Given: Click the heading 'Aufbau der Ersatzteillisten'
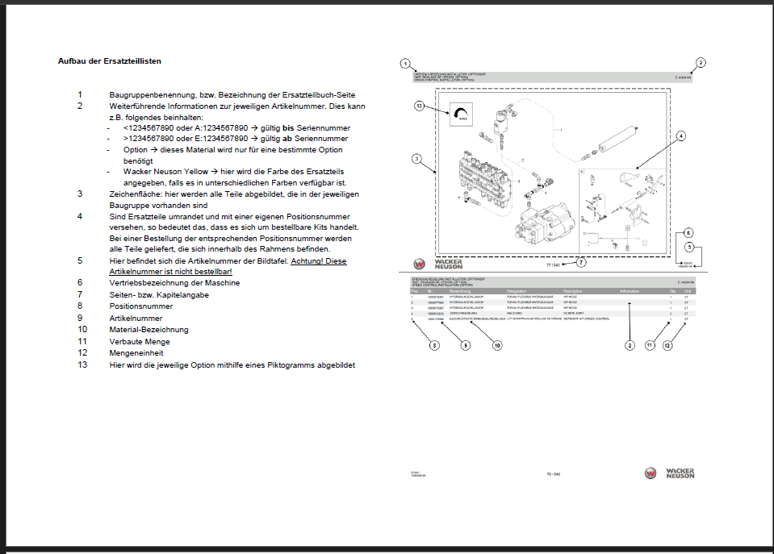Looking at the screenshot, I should pyautogui.click(x=114, y=60).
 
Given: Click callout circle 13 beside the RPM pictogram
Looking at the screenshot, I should pyautogui.click(x=419, y=106).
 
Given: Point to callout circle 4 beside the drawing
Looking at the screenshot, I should pyautogui.click(x=681, y=136).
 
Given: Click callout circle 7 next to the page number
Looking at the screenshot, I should pyautogui.click(x=581, y=261).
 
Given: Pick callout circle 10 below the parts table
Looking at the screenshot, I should pyautogui.click(x=497, y=345).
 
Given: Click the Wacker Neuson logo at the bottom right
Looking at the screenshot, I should pyautogui.click(x=669, y=473).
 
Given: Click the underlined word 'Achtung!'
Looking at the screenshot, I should pyautogui.click(x=308, y=261).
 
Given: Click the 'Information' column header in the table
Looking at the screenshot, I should pyautogui.click(x=629, y=290).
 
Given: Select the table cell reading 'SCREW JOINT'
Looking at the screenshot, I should pyautogui.click(x=575, y=314).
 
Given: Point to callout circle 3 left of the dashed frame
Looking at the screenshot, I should pyautogui.click(x=416, y=159).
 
